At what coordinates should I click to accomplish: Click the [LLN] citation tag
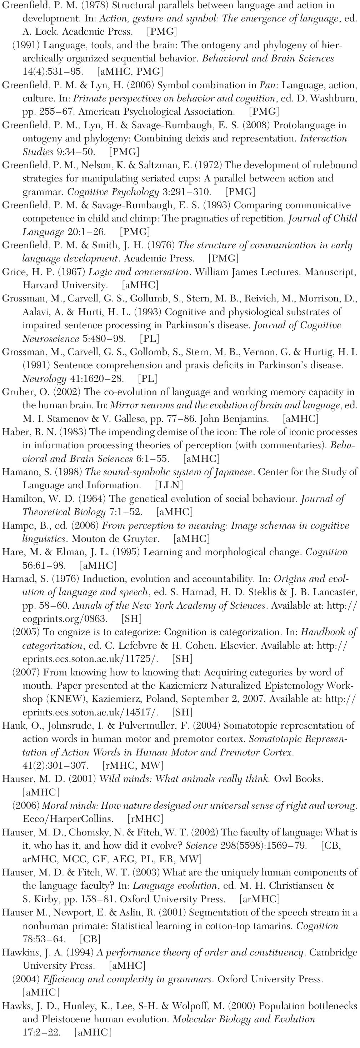point(169,485)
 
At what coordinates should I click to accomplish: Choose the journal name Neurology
point(44,379)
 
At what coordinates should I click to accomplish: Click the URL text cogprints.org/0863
point(65,619)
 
